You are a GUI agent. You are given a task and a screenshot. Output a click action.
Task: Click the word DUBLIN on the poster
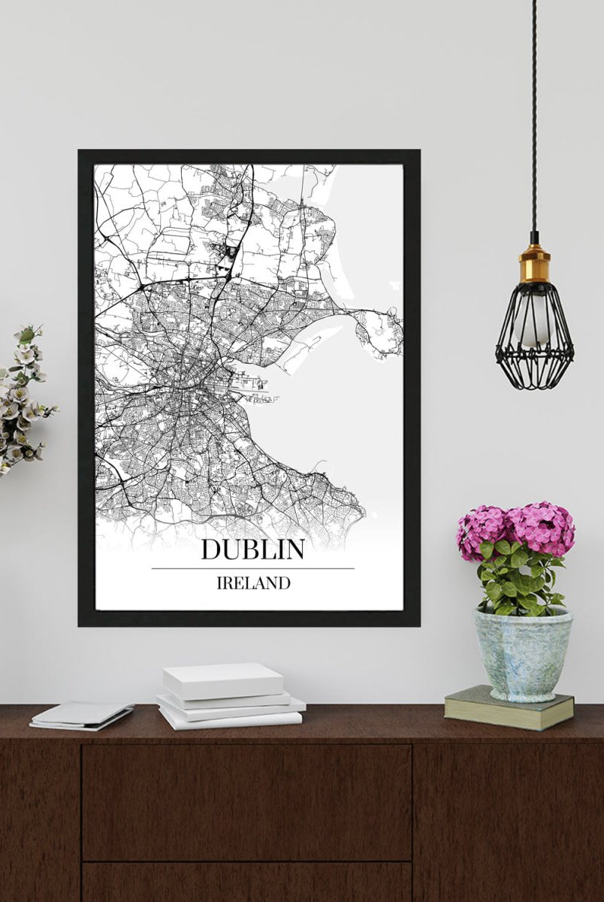point(252,549)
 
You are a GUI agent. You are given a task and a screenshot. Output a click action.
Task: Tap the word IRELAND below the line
point(253,583)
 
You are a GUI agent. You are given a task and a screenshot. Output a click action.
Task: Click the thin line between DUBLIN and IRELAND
point(252,568)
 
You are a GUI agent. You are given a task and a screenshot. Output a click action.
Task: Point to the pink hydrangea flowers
point(517,528)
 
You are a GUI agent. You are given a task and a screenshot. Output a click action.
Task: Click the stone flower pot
point(522,652)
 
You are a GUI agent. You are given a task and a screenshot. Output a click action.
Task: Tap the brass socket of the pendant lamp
point(534,263)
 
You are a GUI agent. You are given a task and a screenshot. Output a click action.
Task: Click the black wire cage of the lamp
point(534,338)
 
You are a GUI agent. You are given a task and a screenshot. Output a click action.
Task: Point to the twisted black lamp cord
point(533,113)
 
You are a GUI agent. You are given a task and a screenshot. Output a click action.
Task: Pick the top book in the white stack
point(223,680)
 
